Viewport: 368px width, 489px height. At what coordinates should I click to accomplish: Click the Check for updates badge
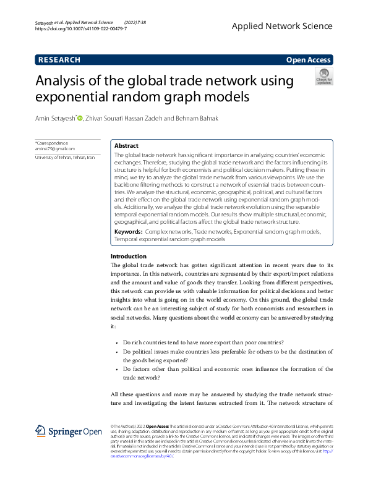324,77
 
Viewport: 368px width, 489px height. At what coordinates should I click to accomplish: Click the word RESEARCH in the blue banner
59,60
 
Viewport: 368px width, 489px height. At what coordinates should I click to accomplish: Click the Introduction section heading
128,256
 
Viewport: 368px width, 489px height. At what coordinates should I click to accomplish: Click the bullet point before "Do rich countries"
117,342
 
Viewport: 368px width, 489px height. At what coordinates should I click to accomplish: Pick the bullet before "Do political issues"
117,352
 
